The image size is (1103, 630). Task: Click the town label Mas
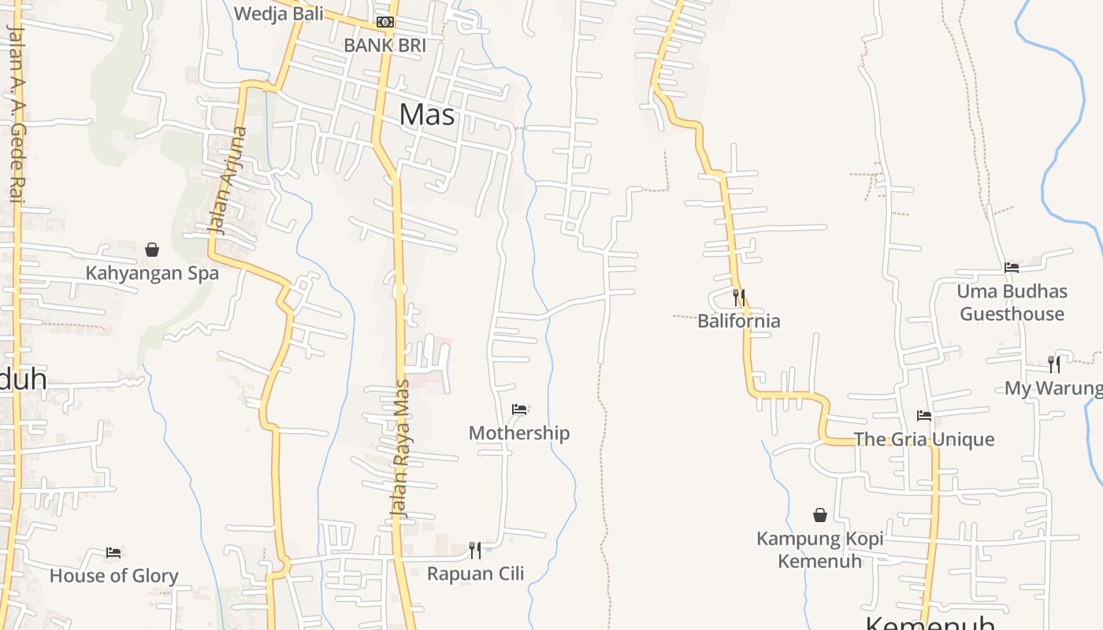coord(427,115)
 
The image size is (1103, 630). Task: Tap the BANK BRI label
coord(384,46)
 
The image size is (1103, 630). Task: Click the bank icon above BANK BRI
coord(384,22)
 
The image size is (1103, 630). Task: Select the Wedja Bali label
coord(279,13)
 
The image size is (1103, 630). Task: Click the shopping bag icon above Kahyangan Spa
coord(152,250)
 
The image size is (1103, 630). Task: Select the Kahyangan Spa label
coord(152,274)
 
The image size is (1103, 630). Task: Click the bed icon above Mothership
coord(519,409)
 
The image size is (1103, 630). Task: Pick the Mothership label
coord(519,433)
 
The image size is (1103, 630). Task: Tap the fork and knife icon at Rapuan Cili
coord(475,550)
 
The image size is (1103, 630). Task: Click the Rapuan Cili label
coord(475,573)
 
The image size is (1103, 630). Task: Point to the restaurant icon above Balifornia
coord(739,297)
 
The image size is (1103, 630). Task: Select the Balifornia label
coord(739,321)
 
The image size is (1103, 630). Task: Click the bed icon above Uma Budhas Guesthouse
coord(1012,268)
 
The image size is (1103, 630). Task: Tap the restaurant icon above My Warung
coord(1054,364)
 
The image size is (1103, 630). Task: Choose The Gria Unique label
coord(924,439)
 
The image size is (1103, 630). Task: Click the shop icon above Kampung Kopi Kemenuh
coord(820,515)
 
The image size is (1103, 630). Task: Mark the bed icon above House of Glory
coord(113,553)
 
